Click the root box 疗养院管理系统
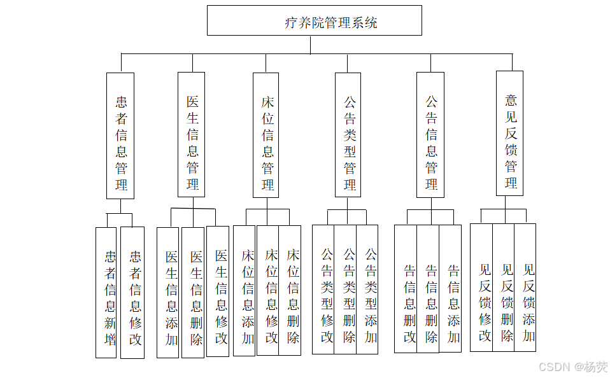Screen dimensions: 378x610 (315, 20)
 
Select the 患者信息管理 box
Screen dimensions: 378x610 (120, 136)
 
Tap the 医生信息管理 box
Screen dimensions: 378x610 (191, 134)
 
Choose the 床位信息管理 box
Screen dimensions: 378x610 (266, 135)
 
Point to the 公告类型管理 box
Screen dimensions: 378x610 (348, 135)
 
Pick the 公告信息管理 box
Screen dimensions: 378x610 (430, 135)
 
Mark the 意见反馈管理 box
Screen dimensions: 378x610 (509, 133)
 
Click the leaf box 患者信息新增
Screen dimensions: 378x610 (106, 292)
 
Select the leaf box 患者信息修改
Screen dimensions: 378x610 (132, 292)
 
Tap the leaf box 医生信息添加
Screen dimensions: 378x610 (168, 292)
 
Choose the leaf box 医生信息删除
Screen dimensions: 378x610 (193, 292)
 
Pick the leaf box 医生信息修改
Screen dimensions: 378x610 (218, 291)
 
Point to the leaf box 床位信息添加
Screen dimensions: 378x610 (245, 290)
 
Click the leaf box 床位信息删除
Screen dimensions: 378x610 (290, 290)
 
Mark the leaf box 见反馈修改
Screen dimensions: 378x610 (482, 287)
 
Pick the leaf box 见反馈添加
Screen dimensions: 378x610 (525, 287)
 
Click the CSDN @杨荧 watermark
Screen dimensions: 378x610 (572, 367)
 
